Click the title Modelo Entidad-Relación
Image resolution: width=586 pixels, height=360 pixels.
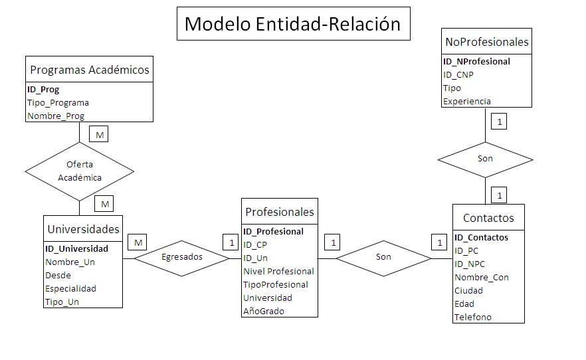[x=292, y=24]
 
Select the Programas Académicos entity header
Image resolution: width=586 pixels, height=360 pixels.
[x=90, y=69]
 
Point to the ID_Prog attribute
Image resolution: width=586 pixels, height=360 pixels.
[x=43, y=89]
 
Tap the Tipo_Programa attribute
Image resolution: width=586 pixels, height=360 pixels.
[x=58, y=102]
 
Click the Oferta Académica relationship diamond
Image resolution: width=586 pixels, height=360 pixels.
[x=79, y=171]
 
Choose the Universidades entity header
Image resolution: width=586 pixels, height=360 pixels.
[x=83, y=229]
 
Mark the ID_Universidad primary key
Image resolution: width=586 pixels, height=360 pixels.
[x=76, y=248]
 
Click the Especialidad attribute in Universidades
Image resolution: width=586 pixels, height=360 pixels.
[x=70, y=288]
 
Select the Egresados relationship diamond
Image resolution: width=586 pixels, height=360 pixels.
[x=182, y=256]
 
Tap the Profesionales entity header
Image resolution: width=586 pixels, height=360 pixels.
[x=280, y=212]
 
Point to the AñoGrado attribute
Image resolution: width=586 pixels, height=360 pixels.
[x=264, y=311]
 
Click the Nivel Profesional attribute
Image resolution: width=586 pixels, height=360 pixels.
[x=278, y=271]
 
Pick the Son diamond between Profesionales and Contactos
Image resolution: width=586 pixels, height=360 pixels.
[x=383, y=256]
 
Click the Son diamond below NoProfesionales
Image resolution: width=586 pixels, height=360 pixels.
[x=485, y=159]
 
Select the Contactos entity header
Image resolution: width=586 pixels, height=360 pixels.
[x=488, y=218]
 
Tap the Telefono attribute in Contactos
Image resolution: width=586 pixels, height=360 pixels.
[x=473, y=317]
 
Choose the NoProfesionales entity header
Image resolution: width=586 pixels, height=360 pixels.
[x=487, y=42]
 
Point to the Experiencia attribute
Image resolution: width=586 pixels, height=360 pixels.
[x=467, y=101]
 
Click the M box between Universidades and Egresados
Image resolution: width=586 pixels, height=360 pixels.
[x=138, y=243]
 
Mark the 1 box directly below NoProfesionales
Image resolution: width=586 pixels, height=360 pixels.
[x=498, y=122]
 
